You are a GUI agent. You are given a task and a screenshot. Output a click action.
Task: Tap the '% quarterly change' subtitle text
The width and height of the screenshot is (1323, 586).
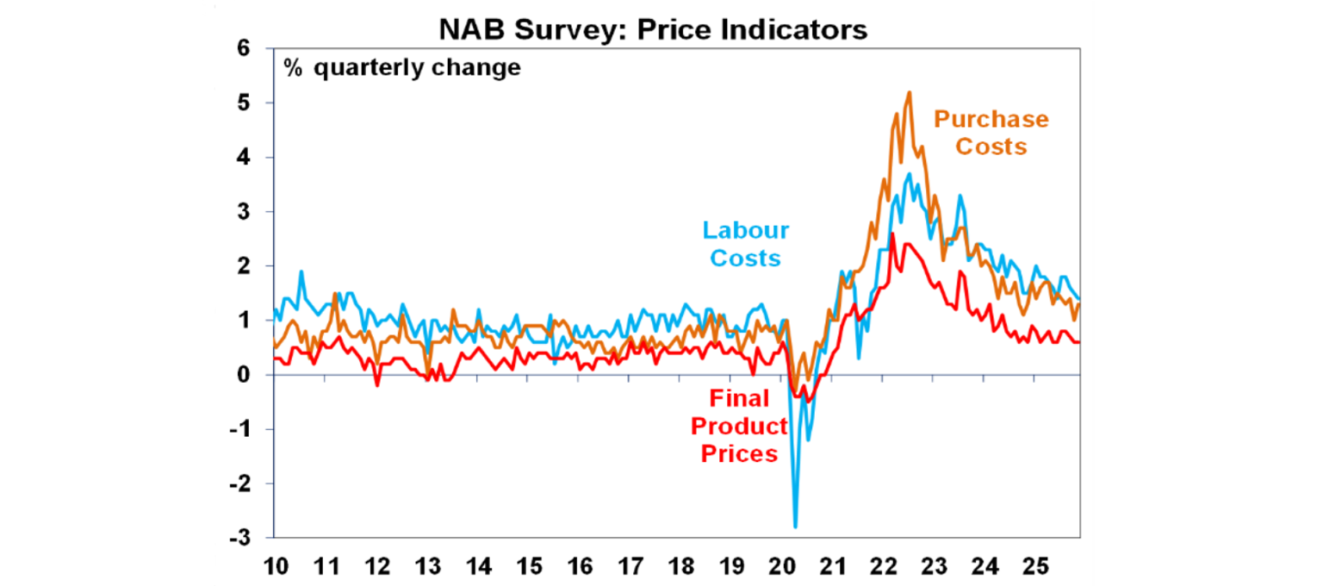[402, 67]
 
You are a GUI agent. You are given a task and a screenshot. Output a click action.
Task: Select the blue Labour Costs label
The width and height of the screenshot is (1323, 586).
[745, 244]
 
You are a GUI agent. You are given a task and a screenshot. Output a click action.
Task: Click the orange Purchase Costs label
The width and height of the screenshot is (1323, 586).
[991, 133]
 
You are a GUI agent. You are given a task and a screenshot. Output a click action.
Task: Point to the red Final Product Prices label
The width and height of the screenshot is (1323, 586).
[739, 426]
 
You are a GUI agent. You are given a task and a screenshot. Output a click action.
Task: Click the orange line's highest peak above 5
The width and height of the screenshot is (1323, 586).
[910, 92]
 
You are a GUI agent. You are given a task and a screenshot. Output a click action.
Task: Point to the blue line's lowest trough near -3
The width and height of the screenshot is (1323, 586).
[795, 527]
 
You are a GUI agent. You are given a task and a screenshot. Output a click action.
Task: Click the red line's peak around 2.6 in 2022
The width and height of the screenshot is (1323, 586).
[892, 234]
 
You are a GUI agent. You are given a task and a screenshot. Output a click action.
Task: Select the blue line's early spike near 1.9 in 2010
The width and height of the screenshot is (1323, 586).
[301, 271]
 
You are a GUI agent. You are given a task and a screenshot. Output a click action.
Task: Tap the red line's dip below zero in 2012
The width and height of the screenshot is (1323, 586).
[377, 385]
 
